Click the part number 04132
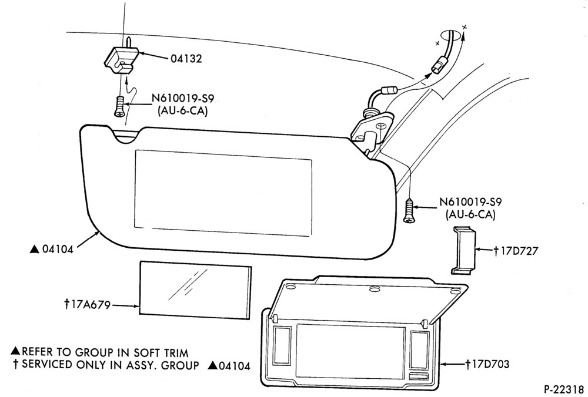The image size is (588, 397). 186,59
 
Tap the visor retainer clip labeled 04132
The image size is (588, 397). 121,59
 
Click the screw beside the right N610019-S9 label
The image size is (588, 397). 409,211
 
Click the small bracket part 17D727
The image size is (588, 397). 463,250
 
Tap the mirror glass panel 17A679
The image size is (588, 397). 195,291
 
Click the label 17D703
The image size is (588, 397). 487,364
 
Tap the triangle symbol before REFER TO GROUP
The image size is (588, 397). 15,351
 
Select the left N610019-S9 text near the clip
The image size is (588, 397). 183,99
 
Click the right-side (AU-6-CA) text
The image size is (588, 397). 470,215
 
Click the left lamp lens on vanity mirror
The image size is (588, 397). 282,345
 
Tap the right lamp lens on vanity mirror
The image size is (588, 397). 419,349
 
